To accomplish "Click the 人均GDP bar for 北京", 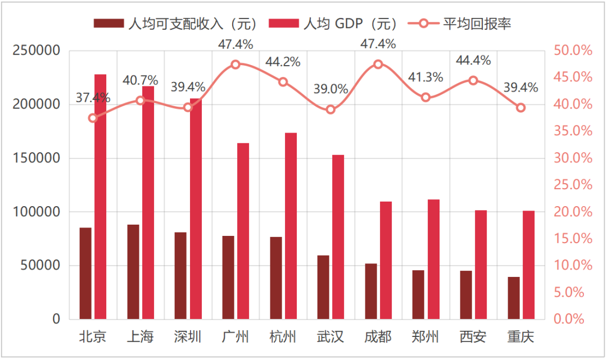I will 100,197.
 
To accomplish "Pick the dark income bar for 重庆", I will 514,298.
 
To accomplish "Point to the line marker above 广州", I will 235,65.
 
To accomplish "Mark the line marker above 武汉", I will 330,110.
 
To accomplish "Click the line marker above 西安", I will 473,80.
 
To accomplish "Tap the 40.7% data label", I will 141,80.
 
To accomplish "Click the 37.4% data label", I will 93,98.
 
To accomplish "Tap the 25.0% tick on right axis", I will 573,185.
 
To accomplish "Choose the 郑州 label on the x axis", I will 425,337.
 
